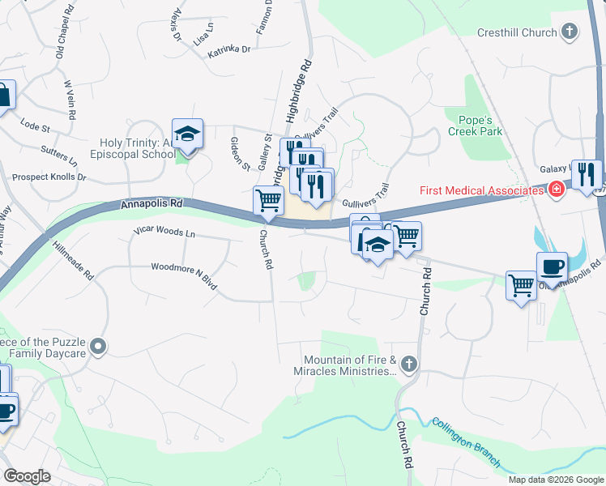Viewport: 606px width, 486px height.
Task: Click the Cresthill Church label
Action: coord(514,32)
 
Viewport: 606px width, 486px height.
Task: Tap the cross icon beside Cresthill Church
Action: coord(570,32)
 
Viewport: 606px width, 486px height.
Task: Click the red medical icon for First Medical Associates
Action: coord(555,190)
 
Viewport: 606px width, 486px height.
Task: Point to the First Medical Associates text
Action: coord(481,191)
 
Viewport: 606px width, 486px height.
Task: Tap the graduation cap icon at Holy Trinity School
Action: coord(187,135)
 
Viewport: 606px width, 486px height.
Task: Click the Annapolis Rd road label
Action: coord(151,206)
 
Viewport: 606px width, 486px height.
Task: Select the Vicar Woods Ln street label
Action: coord(164,233)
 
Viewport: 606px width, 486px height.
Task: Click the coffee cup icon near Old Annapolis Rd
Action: coord(552,267)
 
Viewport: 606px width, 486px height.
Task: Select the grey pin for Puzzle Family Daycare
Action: coord(98,347)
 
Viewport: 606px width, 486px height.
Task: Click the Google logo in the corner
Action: coord(27,475)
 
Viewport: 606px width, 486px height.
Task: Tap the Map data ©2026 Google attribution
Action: coord(555,480)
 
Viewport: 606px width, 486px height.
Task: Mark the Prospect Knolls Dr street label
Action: coord(49,177)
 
